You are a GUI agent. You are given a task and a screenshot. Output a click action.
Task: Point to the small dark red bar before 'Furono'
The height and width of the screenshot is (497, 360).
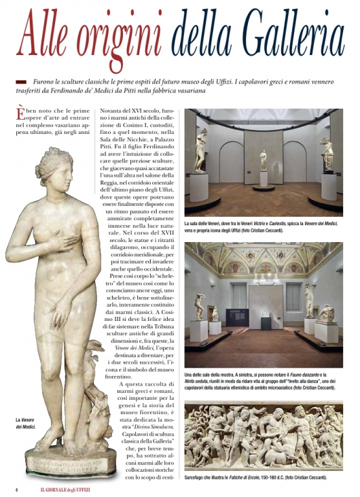click(x=20, y=82)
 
